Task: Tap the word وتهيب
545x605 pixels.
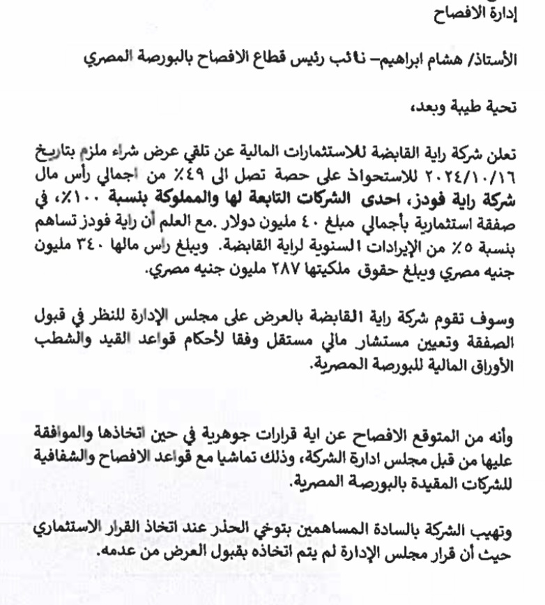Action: pos(520,533)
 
